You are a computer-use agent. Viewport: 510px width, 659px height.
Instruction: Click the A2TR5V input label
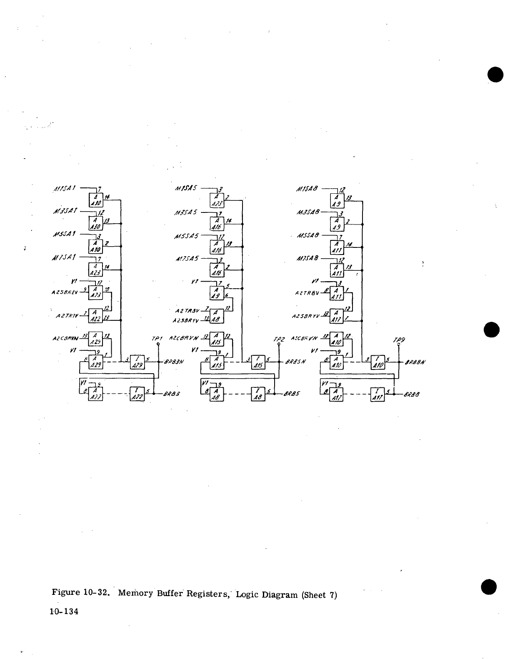coord(187,310)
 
